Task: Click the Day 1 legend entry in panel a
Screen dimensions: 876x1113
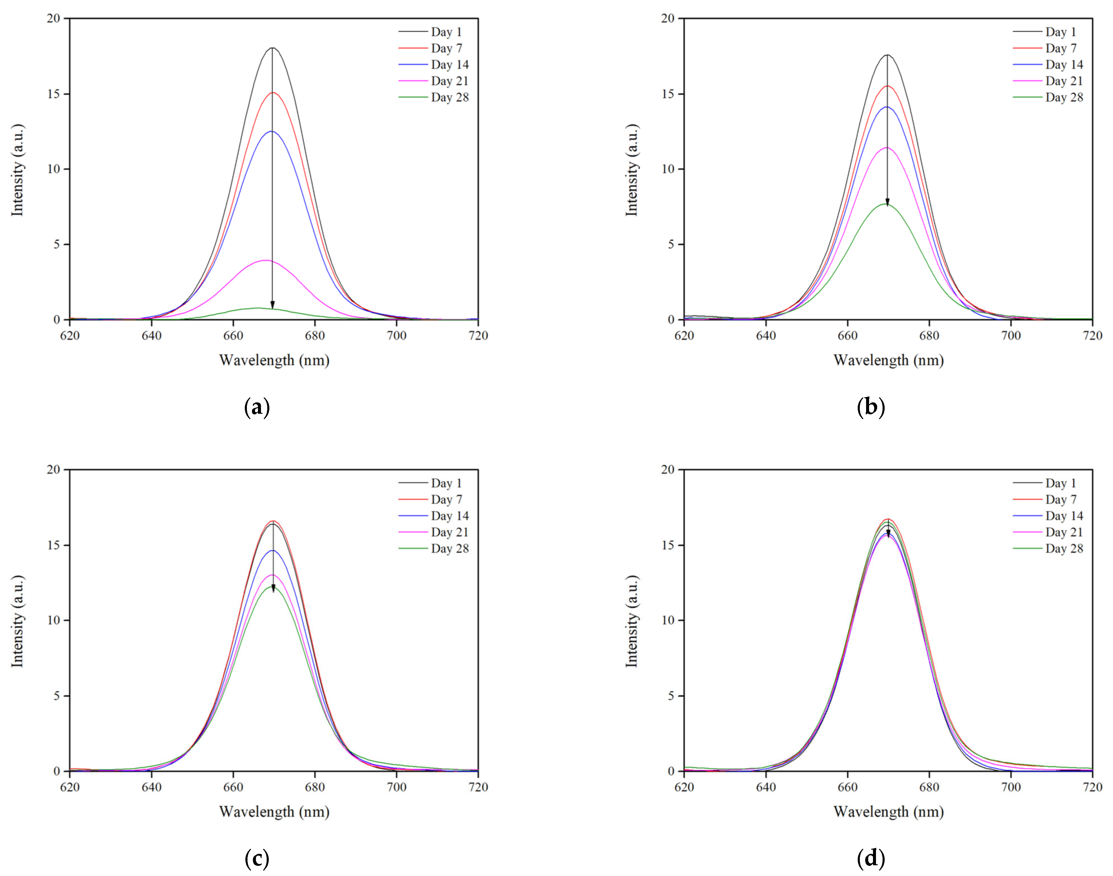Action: click(x=446, y=32)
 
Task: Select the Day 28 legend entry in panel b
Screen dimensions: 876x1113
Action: click(x=1064, y=97)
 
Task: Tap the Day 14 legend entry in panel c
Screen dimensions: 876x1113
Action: click(x=449, y=516)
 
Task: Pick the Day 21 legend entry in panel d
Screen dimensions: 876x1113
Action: click(x=1064, y=532)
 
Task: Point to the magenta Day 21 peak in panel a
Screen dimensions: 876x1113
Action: click(x=265, y=260)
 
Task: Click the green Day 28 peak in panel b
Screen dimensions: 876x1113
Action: click(x=886, y=204)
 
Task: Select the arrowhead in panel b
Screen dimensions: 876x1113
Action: click(x=887, y=203)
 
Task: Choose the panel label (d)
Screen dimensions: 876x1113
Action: click(x=871, y=859)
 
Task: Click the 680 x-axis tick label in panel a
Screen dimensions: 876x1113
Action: click(x=315, y=336)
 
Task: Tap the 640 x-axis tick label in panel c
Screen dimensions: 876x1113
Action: click(x=151, y=787)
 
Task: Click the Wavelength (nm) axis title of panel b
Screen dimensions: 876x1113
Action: click(x=889, y=360)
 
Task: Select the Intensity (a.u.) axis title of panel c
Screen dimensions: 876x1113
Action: click(x=18, y=621)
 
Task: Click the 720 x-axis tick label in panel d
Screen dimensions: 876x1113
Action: click(x=1092, y=787)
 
